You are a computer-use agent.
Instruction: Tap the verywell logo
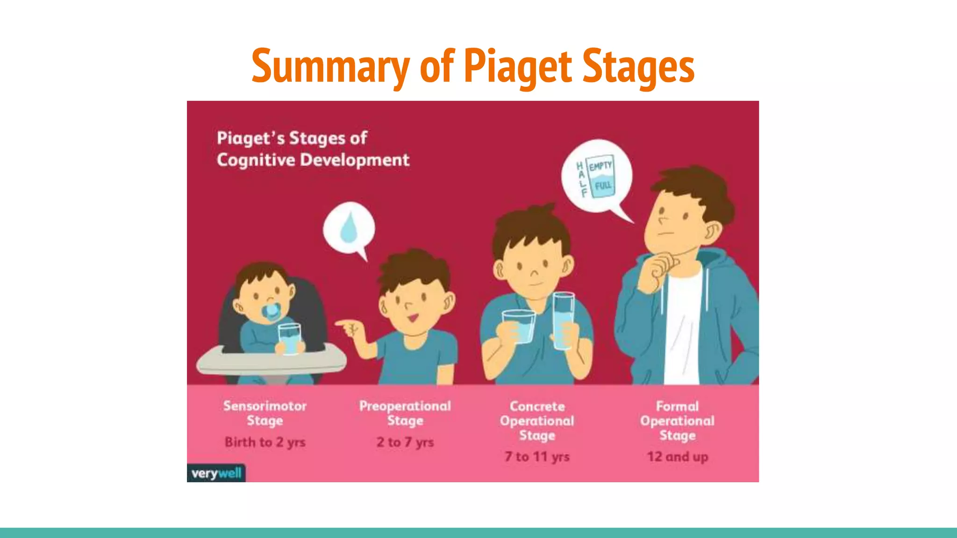216,473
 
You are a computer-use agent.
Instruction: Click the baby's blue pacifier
271,312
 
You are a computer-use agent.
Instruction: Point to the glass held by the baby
290,338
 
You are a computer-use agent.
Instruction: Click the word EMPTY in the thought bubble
600,166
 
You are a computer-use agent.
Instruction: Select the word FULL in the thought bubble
603,185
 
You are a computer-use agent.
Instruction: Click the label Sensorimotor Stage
265,413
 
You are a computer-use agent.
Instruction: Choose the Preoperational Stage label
405,413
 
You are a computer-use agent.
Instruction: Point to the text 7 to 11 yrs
537,456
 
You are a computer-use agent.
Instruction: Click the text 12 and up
678,456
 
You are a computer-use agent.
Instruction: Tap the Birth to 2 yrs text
265,442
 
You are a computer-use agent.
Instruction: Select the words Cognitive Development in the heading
313,160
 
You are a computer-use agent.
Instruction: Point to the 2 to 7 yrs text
405,442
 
